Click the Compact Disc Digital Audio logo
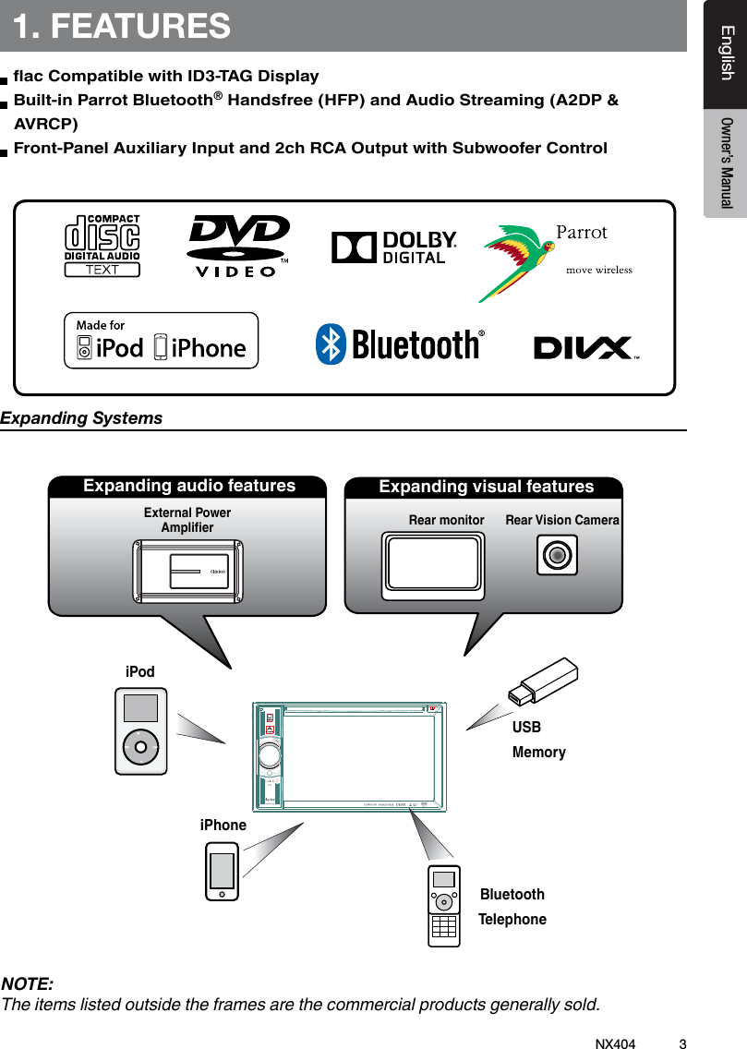tap(102, 246)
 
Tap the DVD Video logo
tap(238, 246)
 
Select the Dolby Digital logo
tap(394, 247)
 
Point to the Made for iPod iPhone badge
tap(161, 341)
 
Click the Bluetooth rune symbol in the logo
tap(330, 344)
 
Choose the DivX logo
tap(584, 348)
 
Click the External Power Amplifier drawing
tap(187, 571)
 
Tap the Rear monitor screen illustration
tap(433, 561)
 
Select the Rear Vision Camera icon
tap(557, 555)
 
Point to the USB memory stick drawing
tap(544, 681)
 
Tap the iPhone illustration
tap(222, 872)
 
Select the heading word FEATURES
tap(140, 26)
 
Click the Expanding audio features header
tap(189, 486)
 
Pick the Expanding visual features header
tap(487, 487)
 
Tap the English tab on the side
tap(727, 54)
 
